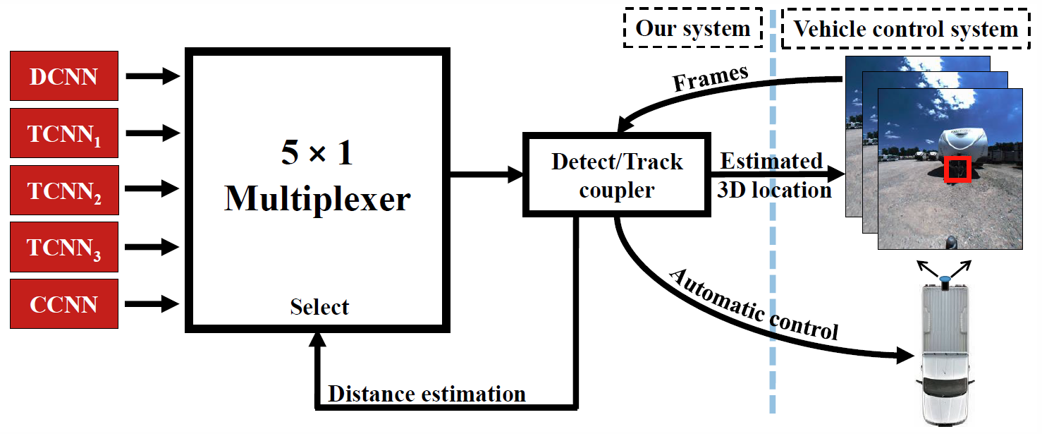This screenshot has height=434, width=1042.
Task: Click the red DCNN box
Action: (64, 76)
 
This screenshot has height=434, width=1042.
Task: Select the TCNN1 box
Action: (64, 133)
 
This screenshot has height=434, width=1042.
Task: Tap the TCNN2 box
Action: (64, 190)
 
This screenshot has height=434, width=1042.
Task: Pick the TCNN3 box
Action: (64, 247)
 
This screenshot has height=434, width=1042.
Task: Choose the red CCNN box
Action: (64, 304)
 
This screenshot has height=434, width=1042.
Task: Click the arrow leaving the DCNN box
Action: (153, 76)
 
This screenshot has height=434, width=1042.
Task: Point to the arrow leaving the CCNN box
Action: (152, 304)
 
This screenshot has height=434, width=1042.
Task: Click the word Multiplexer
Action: (317, 199)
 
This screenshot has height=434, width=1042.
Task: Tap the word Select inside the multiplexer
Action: (319, 307)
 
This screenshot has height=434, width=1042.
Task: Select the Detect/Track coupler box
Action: (617, 175)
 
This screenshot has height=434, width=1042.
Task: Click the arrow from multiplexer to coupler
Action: (486, 174)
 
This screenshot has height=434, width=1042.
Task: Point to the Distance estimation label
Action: (427, 394)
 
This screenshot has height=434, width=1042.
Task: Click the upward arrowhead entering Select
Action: (317, 340)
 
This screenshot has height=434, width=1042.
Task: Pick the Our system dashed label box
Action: (692, 28)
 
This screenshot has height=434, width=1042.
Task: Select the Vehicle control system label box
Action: (906, 28)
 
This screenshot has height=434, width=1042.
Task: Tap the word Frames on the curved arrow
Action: (711, 78)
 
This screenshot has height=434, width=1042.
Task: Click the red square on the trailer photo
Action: (958, 169)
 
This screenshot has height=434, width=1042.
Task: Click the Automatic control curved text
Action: (754, 305)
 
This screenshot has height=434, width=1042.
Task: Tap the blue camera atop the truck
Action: (945, 279)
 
